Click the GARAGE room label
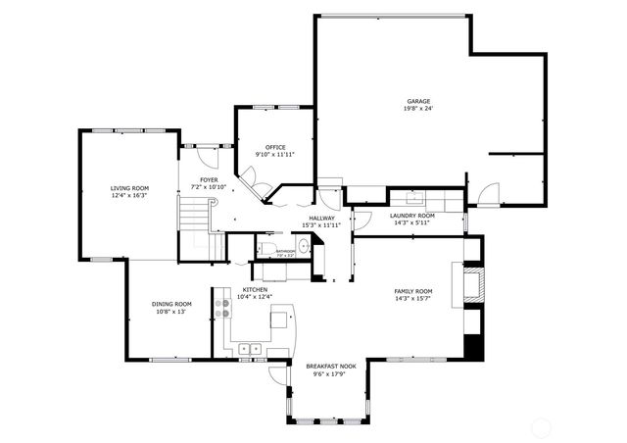[x=418, y=101]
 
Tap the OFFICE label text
[x=275, y=147]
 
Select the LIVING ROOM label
[x=129, y=188]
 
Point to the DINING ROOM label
[x=171, y=304]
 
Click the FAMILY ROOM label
[x=412, y=291]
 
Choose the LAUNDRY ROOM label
[x=412, y=215]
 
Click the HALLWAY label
[x=322, y=218]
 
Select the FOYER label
[x=209, y=179]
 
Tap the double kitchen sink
[x=250, y=347]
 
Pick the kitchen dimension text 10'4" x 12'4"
[x=255, y=297]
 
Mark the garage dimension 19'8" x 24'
[x=419, y=109]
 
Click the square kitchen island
[x=281, y=318]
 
